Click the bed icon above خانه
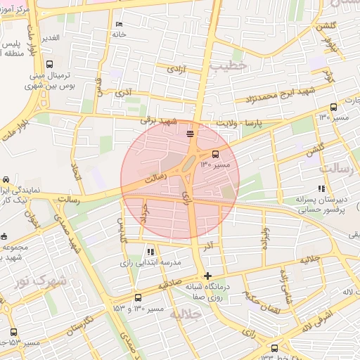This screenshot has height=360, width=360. tap(118, 25)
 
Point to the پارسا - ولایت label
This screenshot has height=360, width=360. tap(262, 122)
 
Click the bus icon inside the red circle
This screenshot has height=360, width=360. tap(215, 154)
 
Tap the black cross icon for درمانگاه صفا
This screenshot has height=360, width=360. tap(207, 276)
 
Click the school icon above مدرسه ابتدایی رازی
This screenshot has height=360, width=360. tap(150, 251)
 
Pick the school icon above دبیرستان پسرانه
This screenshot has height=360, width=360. tap(321, 188)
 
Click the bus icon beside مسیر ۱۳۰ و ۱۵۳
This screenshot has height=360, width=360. tap(137, 297)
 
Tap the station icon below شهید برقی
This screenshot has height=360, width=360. tap(190, 131)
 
